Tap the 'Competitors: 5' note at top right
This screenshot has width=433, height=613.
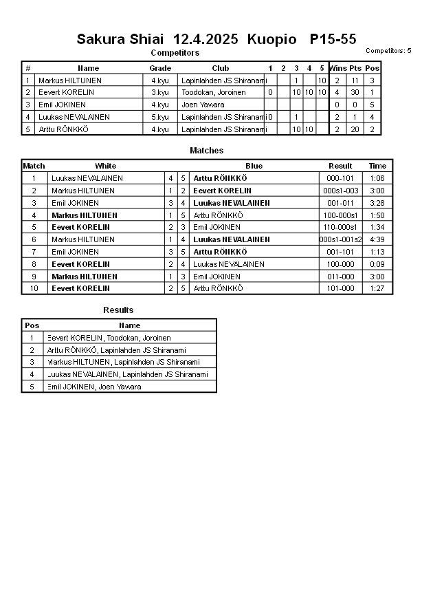pyautogui.click(x=388, y=51)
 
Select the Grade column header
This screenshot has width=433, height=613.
pyautogui.click(x=160, y=68)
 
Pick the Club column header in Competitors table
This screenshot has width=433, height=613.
pyautogui.click(x=221, y=68)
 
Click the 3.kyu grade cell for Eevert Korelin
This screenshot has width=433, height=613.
pyautogui.click(x=160, y=92)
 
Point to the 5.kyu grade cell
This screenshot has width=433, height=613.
pyautogui.click(x=160, y=117)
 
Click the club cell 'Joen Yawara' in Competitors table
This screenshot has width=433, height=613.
pyautogui.click(x=203, y=105)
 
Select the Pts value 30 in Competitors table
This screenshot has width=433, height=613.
pyautogui.click(x=355, y=92)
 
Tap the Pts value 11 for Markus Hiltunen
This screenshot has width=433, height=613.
pyautogui.click(x=355, y=80)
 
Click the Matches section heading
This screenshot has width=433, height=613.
pyautogui.click(x=206, y=151)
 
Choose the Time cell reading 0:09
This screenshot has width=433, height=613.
pyautogui.click(x=377, y=264)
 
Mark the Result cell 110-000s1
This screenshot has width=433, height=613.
pyautogui.click(x=341, y=227)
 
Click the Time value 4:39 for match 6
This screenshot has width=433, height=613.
pyautogui.click(x=377, y=239)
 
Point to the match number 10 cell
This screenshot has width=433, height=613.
pyautogui.click(x=34, y=288)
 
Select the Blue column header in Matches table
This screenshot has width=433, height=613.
pyautogui.click(x=254, y=166)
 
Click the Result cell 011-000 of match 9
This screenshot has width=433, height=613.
pyautogui.click(x=341, y=277)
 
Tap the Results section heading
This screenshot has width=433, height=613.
pyautogui.click(x=118, y=310)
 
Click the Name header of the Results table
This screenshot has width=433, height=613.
pyautogui.click(x=129, y=325)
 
